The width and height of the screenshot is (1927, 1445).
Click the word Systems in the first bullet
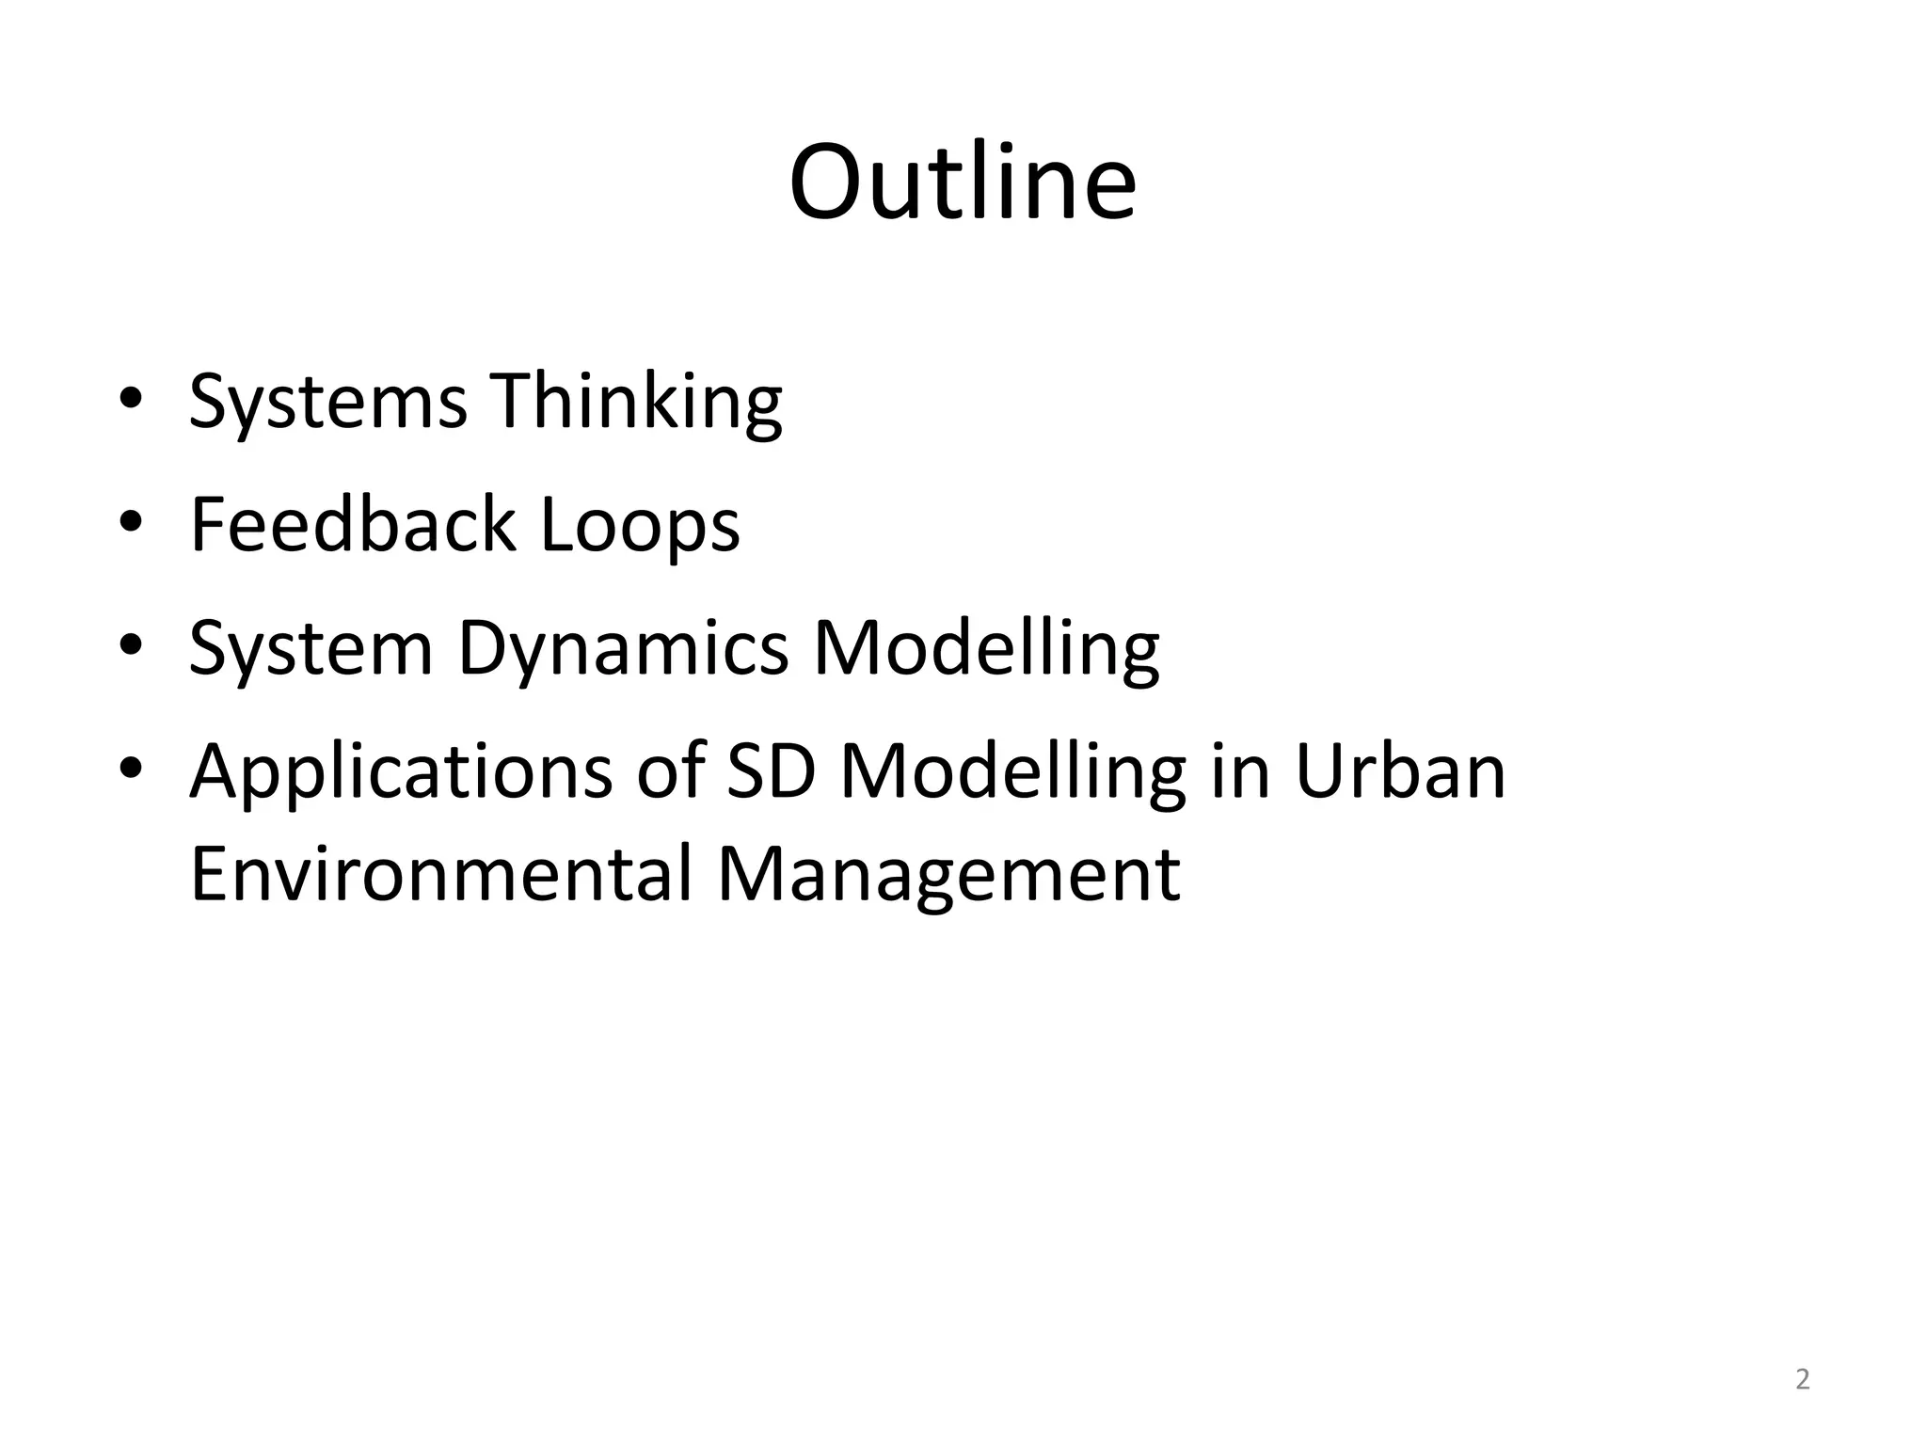(x=327, y=402)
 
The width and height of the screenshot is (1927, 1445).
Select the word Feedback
(x=353, y=524)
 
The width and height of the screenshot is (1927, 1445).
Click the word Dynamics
(x=623, y=649)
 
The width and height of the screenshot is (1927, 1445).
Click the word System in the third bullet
(x=311, y=649)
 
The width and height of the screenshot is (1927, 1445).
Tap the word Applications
(x=401, y=771)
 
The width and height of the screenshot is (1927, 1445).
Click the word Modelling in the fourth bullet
(x=1012, y=771)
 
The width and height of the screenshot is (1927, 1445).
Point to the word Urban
(x=1400, y=771)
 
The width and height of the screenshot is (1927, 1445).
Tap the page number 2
(x=1802, y=1380)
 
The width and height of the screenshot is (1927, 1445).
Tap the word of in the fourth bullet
(x=670, y=771)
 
